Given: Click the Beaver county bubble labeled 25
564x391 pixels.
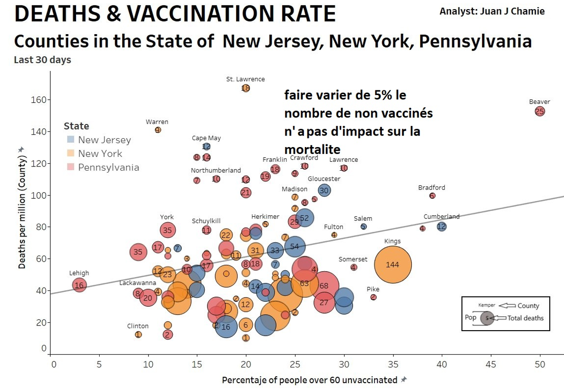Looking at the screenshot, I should [x=540, y=111].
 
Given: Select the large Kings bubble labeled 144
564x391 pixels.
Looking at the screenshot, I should [x=392, y=265].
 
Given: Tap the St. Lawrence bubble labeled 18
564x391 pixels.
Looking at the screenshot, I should [x=245, y=88].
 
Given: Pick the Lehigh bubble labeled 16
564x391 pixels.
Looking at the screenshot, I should [x=79, y=285].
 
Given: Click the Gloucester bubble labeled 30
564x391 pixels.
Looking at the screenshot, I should [x=324, y=190].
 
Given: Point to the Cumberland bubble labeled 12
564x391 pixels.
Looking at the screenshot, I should [x=441, y=226].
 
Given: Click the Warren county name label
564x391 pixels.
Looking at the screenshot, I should [x=157, y=122].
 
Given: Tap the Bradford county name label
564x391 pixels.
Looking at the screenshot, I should [x=432, y=188].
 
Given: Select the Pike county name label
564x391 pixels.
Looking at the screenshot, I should [x=373, y=289].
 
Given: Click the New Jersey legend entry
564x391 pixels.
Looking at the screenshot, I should [x=104, y=140].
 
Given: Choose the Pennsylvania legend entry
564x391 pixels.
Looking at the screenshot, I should [x=108, y=167].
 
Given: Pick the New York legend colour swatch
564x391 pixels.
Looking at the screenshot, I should [x=71, y=154].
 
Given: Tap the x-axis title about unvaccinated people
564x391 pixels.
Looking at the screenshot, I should [x=309, y=380].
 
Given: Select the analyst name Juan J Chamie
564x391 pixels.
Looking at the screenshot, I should [x=492, y=11].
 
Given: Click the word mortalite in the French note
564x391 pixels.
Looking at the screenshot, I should [x=312, y=149].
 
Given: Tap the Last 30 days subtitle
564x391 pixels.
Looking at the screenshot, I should [x=42, y=60].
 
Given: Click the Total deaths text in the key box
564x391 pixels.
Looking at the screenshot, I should [x=525, y=318].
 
